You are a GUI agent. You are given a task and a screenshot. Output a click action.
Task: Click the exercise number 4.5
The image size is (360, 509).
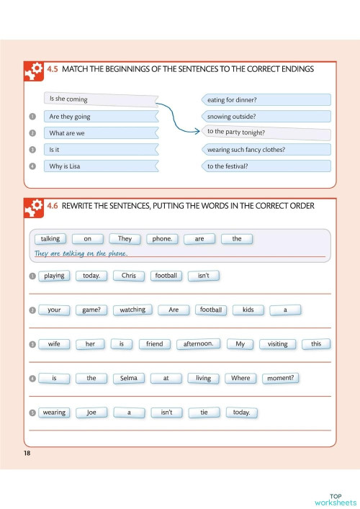[x=52, y=69]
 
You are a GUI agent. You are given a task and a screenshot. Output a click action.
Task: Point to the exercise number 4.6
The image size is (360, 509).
[x=52, y=206]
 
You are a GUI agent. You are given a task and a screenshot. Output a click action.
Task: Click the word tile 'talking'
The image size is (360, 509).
[x=50, y=239]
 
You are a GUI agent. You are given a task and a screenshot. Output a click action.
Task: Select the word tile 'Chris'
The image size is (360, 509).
[x=128, y=276]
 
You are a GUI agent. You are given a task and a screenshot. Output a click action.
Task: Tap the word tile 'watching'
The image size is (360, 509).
[x=132, y=310]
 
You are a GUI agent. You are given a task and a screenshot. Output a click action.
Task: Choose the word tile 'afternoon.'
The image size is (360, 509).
[x=198, y=344]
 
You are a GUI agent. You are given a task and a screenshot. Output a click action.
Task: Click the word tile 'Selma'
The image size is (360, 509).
[x=129, y=378]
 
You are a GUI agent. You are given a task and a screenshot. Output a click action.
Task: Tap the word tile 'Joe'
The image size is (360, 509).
[x=91, y=413]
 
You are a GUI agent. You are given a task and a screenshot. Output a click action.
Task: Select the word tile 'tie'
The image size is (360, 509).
[x=204, y=413]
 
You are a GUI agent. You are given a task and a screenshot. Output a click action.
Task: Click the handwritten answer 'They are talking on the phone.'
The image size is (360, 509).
[x=81, y=254]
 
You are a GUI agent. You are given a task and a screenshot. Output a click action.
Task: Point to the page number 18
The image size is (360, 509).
[x=27, y=452]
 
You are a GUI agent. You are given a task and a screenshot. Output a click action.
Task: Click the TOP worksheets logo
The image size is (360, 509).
[x=335, y=498]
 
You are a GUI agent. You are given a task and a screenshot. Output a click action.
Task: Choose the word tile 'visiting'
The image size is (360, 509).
[x=277, y=344]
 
